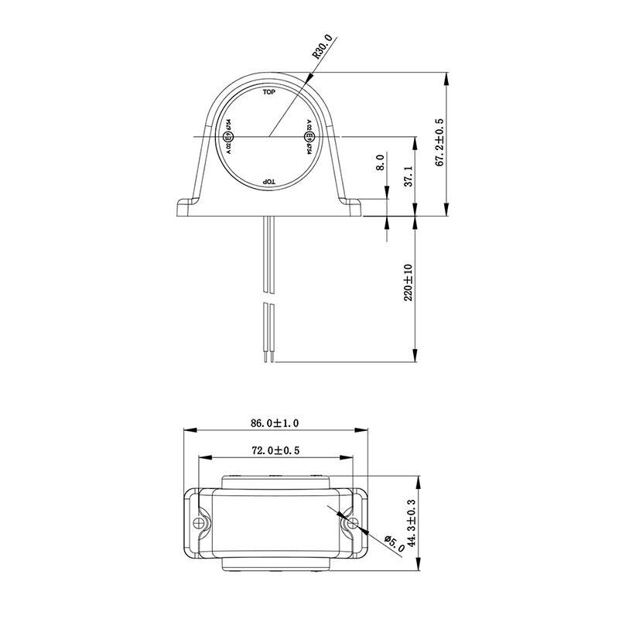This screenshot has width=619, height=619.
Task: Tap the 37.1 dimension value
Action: pos(408,176)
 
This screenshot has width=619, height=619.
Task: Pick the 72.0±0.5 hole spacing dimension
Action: pos(276,450)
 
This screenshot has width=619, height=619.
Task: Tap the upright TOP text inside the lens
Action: pos(268,93)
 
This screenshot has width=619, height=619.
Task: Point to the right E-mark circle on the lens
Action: pos(308,138)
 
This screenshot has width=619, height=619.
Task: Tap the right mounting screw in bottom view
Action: pos(351,523)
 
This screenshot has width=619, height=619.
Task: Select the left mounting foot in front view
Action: pos(188,207)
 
